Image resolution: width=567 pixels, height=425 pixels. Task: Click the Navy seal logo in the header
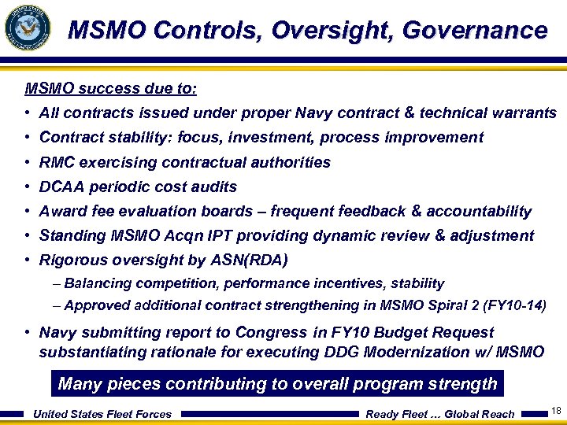[x=27, y=28]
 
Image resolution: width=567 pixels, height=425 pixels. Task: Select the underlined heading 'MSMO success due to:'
[x=111, y=88]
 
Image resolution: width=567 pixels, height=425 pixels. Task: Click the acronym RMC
[x=57, y=162]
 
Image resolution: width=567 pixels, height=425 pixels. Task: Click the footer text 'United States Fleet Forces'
[x=102, y=414]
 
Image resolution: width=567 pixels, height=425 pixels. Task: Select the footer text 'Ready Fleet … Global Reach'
[x=440, y=414]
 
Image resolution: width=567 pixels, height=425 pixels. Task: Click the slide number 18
[x=556, y=411]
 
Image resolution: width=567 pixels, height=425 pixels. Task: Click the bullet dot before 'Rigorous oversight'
[x=28, y=260]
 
